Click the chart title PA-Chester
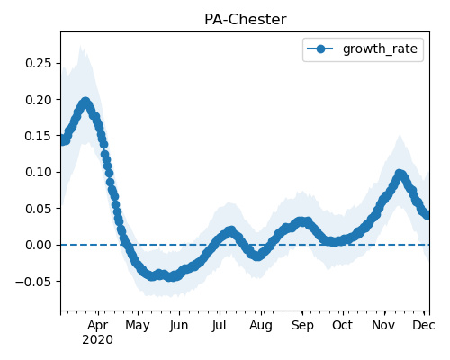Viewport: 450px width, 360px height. [246, 20]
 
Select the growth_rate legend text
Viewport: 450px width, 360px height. [380, 49]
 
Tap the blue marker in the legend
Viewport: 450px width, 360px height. [320, 49]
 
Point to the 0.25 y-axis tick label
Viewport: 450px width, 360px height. [39, 63]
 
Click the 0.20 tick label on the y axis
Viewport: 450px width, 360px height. [39, 100]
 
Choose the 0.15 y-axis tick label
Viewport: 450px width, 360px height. [39, 136]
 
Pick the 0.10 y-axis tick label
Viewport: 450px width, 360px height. [39, 172]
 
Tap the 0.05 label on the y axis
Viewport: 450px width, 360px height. [39, 209]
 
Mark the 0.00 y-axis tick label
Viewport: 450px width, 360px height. [39, 245]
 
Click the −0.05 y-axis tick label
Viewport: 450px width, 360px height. [33, 282]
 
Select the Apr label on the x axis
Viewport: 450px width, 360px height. [98, 326]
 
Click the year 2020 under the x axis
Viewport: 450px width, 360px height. [98, 340]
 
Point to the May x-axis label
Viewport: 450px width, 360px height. [138, 326]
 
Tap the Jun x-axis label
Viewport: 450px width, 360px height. [179, 326]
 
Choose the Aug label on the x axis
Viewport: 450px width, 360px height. [261, 326]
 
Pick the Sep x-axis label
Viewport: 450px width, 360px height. [302, 326]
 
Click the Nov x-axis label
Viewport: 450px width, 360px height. [383, 325]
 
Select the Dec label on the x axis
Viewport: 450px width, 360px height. [424, 325]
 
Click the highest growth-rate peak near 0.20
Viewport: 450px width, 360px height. [85, 102]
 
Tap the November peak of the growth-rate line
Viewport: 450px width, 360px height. [400, 174]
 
